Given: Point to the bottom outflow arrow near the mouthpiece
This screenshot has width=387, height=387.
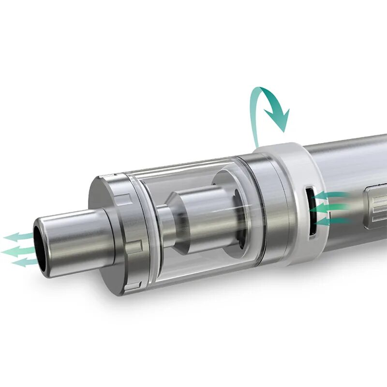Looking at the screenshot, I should [x=24, y=262].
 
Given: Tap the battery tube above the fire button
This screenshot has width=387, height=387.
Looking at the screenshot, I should [x=348, y=160].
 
